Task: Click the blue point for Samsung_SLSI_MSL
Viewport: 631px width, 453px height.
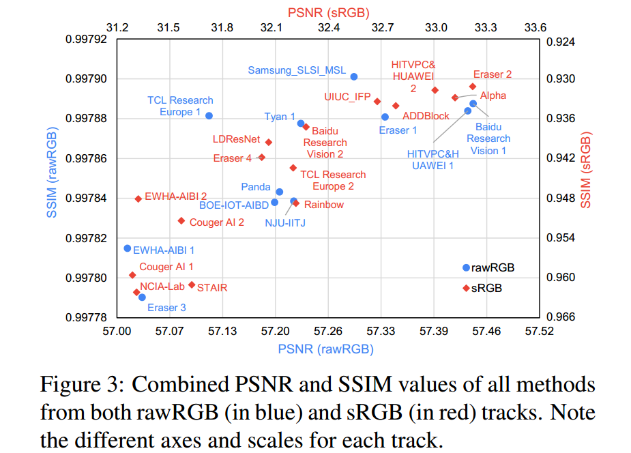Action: point(353,76)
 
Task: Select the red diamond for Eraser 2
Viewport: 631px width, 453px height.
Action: point(473,86)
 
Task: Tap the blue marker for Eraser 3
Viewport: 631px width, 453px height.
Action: point(142,297)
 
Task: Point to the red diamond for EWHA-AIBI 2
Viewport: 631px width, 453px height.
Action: point(138,199)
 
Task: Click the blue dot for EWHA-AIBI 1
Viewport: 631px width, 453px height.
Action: point(127,248)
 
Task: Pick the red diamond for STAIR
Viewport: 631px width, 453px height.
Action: point(192,284)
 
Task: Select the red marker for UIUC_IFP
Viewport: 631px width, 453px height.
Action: point(377,101)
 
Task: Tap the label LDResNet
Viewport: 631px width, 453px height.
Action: point(236,139)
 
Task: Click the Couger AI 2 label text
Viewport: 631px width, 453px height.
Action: point(216,222)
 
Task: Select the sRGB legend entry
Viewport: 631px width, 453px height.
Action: point(486,289)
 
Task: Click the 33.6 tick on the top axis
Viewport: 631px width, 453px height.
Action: point(535,28)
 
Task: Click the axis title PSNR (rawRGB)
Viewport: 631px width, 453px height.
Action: point(326,349)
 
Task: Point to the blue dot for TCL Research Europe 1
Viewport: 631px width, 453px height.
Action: point(209,116)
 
